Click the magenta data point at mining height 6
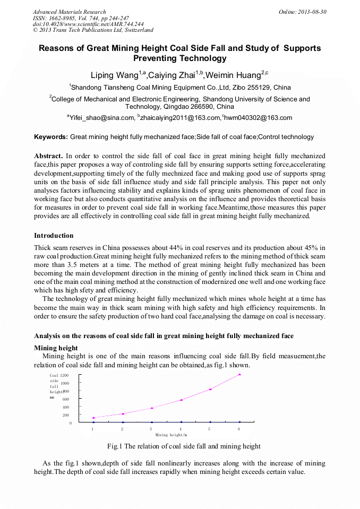(x=239, y=375)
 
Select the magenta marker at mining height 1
(x=93, y=418)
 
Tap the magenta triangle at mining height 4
(x=181, y=400)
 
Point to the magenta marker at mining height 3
(x=152, y=408)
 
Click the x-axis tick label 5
(x=209, y=428)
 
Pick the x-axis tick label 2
(x=122, y=428)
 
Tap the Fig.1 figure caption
(x=184, y=446)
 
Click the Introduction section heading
(x=54, y=235)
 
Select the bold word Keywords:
(x=51, y=137)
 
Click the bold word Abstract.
(x=48, y=156)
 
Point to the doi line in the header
(x=88, y=24)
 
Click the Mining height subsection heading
(x=56, y=348)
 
